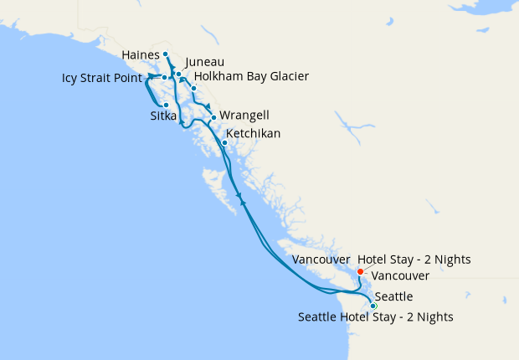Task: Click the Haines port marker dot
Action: click(x=166, y=54)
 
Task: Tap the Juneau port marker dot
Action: click(x=179, y=75)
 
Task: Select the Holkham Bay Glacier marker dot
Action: click(x=193, y=88)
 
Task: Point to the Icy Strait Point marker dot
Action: click(x=164, y=78)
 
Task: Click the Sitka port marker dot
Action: click(x=166, y=105)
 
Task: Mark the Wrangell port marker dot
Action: click(x=213, y=116)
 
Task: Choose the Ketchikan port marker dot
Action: click(x=224, y=141)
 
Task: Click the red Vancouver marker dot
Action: click(x=360, y=271)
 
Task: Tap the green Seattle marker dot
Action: click(x=373, y=306)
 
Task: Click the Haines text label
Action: click(x=141, y=54)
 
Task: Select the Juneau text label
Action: click(x=204, y=62)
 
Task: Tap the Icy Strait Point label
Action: click(x=106, y=80)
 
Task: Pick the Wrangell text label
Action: click(x=244, y=116)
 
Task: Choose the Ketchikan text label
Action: click(x=253, y=134)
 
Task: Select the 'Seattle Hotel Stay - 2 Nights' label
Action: click(x=376, y=317)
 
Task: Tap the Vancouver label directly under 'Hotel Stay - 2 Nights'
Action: click(x=400, y=275)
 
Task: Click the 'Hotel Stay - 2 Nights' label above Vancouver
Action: click(x=414, y=260)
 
